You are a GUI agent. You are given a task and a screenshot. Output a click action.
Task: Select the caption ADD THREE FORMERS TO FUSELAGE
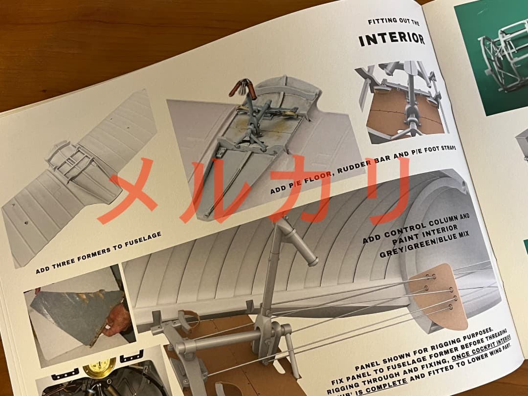(98, 253)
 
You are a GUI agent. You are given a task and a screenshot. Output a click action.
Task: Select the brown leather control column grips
(243, 88)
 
